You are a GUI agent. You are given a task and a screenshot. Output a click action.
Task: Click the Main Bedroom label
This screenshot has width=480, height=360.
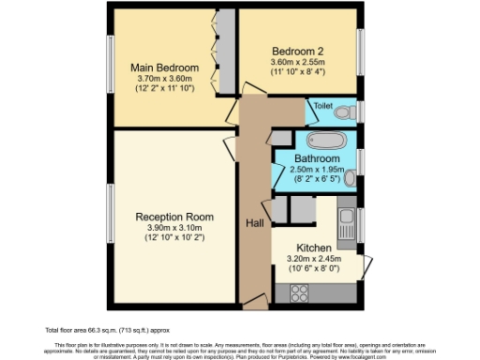165,68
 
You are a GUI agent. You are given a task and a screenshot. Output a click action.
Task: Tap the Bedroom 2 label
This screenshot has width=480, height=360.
299,50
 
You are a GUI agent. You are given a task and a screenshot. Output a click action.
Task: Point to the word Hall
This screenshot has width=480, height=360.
254,222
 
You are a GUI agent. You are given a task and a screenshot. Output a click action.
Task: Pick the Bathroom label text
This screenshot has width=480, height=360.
315,159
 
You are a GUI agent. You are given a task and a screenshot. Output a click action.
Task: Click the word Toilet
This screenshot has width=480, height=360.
323,106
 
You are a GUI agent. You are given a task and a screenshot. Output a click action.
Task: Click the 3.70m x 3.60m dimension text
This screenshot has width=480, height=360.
165,79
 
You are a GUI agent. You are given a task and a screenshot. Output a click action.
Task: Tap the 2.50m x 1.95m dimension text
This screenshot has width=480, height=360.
315,170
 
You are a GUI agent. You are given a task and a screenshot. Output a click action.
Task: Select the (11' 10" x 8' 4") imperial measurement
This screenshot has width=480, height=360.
299,71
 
